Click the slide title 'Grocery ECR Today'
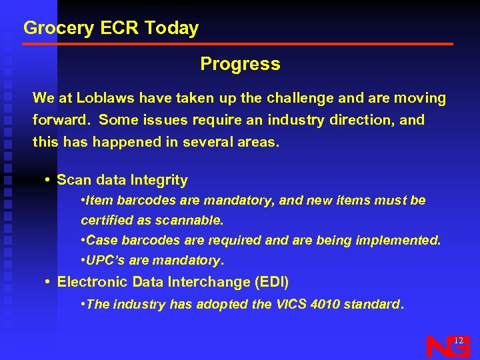click(111, 28)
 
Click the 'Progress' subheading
click(240, 64)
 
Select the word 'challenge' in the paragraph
click(301, 98)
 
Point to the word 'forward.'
click(61, 120)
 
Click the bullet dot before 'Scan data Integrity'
click(48, 180)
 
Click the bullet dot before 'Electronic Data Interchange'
click(48, 282)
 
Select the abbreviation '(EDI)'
click(271, 282)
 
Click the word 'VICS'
click(287, 304)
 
